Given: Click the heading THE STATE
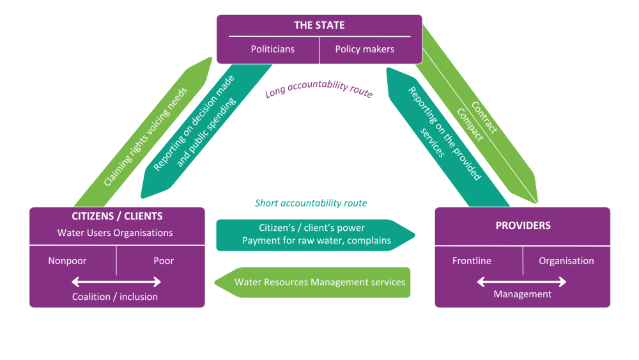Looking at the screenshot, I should (319, 26).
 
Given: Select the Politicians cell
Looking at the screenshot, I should (272, 49).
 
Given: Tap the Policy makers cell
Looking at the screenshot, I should (364, 49).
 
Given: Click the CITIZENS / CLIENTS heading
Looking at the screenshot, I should (117, 216).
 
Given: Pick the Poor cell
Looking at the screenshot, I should (164, 261).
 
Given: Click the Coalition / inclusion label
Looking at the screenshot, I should (115, 297).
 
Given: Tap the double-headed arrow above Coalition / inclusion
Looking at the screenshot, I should (116, 281).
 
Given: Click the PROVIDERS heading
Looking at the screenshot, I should (522, 226).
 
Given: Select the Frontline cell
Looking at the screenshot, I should (472, 261).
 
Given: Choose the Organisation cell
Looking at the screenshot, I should (566, 261).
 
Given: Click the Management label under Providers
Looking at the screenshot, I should (522, 294).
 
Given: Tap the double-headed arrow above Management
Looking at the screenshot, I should (522, 281).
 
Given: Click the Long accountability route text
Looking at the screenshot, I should (319, 91).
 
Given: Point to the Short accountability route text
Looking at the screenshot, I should (311, 203).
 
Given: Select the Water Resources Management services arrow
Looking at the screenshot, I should (313, 282).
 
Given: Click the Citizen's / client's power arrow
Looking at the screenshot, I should (313, 234).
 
